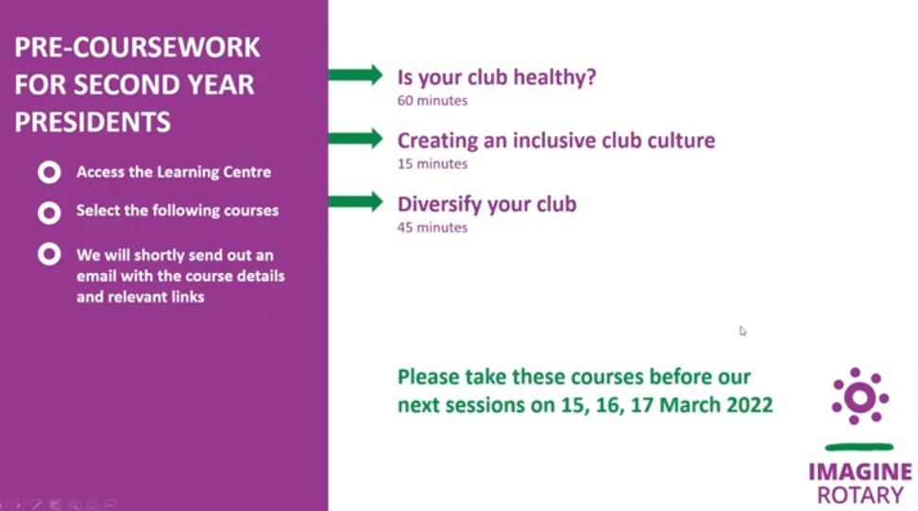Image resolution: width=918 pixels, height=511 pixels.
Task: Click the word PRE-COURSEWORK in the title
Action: click(137, 47)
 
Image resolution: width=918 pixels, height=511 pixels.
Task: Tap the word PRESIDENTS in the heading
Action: click(93, 122)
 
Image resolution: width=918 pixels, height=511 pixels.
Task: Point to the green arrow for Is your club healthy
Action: click(355, 75)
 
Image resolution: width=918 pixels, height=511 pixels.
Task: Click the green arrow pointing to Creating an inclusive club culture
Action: click(355, 139)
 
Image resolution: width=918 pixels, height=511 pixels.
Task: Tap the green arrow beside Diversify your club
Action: click(355, 202)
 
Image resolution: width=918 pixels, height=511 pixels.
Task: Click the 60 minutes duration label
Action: click(432, 101)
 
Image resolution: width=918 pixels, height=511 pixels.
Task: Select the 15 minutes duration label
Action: click(432, 164)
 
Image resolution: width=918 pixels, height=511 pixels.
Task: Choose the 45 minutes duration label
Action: click(432, 228)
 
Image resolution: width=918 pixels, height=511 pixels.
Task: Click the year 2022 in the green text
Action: click(749, 405)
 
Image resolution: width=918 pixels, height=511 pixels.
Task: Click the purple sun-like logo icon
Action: click(860, 397)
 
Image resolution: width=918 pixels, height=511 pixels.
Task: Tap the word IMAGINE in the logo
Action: click(860, 471)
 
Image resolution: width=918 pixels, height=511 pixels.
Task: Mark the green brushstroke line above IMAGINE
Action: click(858, 447)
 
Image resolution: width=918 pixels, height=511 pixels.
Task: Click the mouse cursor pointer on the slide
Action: click(742, 332)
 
